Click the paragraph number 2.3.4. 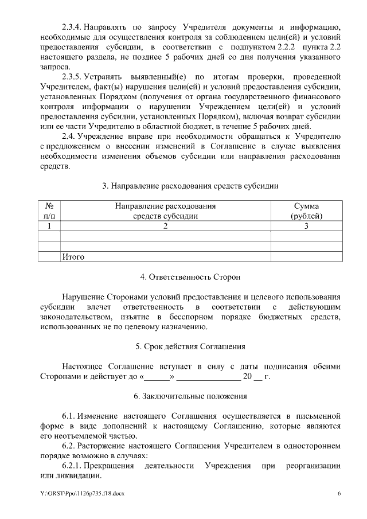point(72,27)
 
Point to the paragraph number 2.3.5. point(72,76)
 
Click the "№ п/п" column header point(49,211)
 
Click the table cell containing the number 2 point(165,226)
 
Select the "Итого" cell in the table point(73,257)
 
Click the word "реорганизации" point(313,466)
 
